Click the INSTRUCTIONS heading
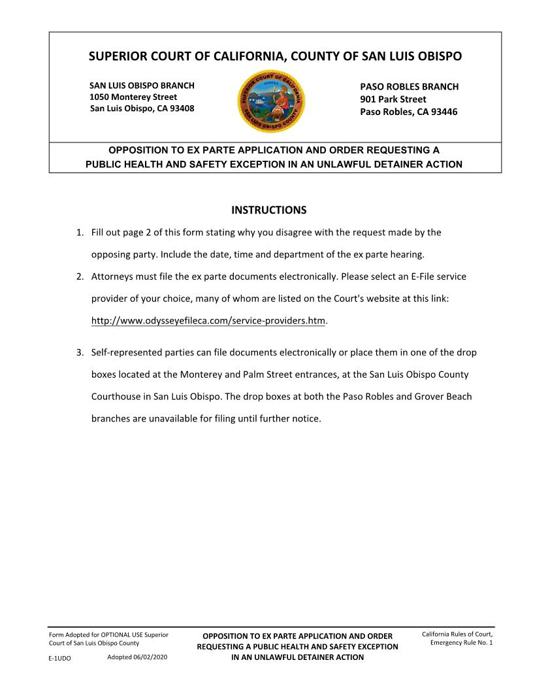(x=269, y=210)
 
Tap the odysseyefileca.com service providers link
(x=208, y=321)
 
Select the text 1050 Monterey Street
(x=133, y=97)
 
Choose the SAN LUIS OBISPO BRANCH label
(x=142, y=86)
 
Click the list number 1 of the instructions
(x=79, y=232)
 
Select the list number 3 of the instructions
(x=79, y=353)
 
